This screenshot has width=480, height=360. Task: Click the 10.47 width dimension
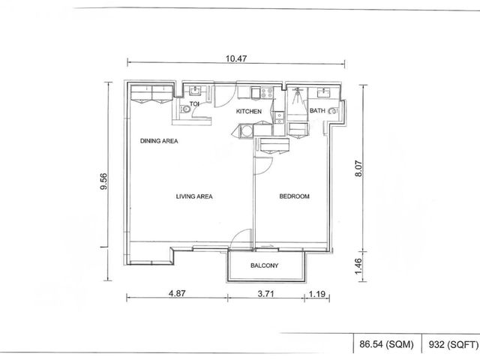coord(236,58)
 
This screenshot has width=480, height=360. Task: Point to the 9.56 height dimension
coord(104,181)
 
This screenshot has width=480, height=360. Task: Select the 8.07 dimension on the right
coord(358,169)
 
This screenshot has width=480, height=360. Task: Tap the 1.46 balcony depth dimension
coord(358,266)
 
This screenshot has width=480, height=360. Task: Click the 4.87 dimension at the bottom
coord(177,293)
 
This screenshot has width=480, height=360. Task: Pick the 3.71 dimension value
coord(265,294)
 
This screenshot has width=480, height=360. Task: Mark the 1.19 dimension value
coord(316,294)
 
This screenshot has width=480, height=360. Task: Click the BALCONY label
coord(265,265)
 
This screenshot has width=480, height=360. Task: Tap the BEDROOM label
coord(294,196)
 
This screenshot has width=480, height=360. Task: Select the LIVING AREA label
coord(194,196)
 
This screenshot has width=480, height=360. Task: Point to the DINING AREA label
coord(159,141)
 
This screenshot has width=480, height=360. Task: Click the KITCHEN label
coord(249,112)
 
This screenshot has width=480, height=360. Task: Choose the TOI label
coord(194,104)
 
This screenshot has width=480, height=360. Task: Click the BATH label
coord(317,110)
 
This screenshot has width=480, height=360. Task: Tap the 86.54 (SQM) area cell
coord(386,344)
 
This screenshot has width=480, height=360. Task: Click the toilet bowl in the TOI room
coord(184,109)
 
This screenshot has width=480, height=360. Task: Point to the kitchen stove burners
coord(267,93)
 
